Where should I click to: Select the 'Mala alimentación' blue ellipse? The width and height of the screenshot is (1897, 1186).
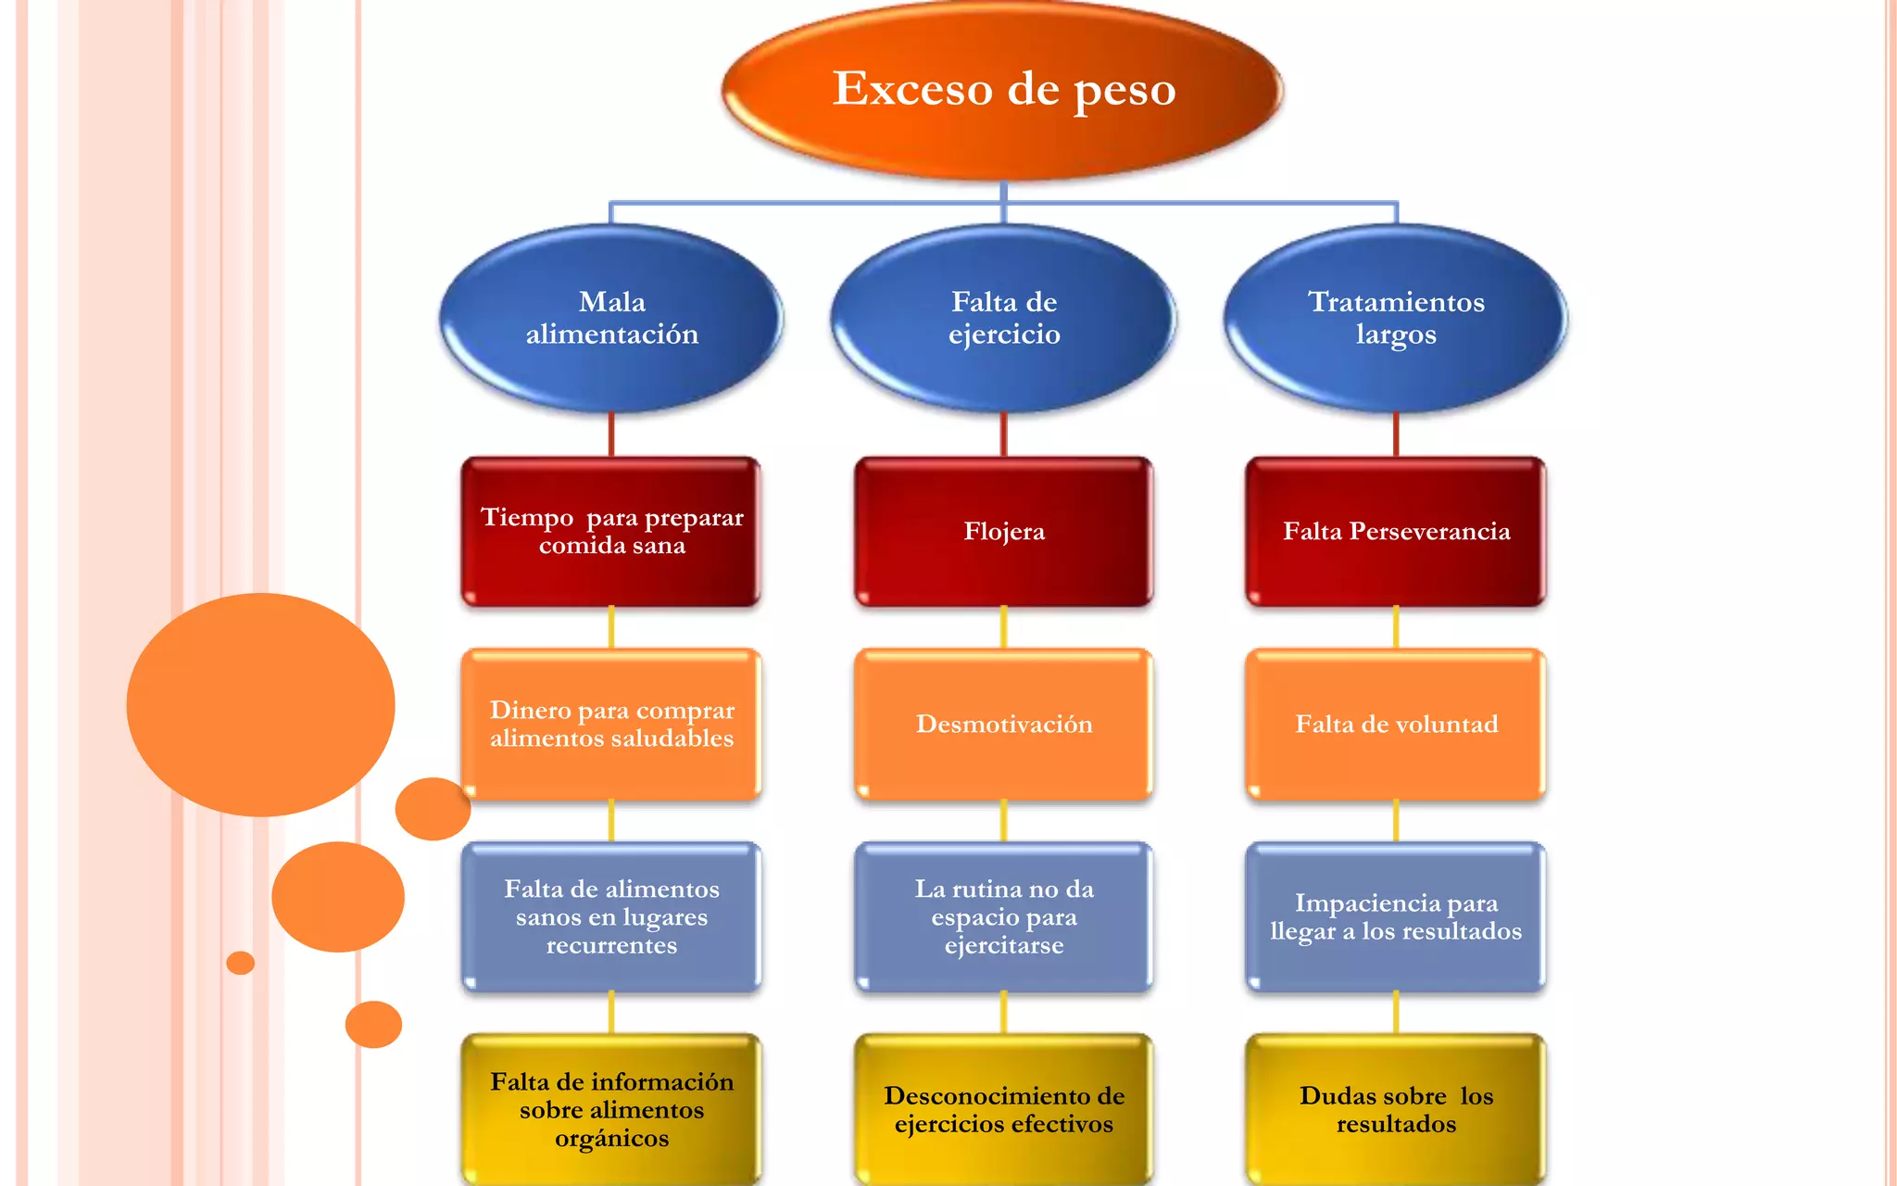pyautogui.click(x=611, y=318)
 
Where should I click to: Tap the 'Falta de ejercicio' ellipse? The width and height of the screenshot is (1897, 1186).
pyautogui.click(x=1004, y=318)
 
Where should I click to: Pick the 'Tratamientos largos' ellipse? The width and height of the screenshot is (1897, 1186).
pyautogui.click(x=1396, y=318)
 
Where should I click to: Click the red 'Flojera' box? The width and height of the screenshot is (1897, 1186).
pyautogui.click(x=1004, y=531)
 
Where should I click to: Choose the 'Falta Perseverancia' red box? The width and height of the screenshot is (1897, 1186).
pyautogui.click(x=1396, y=531)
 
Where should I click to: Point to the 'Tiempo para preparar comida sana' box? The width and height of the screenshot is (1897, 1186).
pyautogui.click(x=611, y=531)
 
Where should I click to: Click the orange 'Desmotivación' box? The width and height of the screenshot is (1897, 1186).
pyautogui.click(x=1004, y=724)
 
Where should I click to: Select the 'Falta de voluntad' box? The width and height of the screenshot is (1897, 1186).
pyautogui.click(x=1396, y=724)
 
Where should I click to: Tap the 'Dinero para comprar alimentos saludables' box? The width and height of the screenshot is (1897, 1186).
pyautogui.click(x=611, y=724)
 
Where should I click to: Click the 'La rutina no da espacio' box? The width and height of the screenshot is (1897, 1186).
pyautogui.click(x=1004, y=916)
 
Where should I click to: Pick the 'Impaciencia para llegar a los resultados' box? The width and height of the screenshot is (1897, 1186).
pyautogui.click(x=1396, y=916)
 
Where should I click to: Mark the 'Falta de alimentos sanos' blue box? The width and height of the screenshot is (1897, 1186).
pyautogui.click(x=611, y=916)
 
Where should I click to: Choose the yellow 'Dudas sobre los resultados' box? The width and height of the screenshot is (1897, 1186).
pyautogui.click(x=1396, y=1109)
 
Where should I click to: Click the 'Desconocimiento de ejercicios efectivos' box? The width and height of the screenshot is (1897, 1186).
pyautogui.click(x=1004, y=1109)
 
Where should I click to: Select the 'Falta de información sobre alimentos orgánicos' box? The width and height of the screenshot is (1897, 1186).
pyautogui.click(x=611, y=1109)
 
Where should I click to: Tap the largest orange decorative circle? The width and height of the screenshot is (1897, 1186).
pyautogui.click(x=260, y=704)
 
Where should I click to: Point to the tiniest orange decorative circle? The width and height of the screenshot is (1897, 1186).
pyautogui.click(x=240, y=963)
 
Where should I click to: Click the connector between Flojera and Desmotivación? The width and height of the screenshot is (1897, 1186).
pyautogui.click(x=1004, y=627)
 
